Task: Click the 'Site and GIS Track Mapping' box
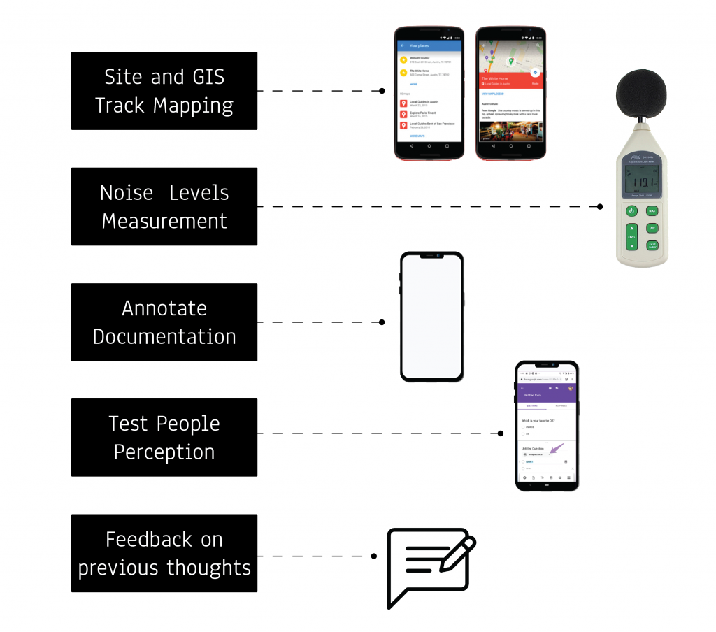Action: (x=164, y=91)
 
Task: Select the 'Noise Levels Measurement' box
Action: (x=164, y=207)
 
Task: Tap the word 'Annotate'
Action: (x=164, y=308)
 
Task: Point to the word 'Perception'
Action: (x=164, y=452)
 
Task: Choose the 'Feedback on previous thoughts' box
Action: (x=164, y=553)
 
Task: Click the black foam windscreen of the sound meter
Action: (x=641, y=95)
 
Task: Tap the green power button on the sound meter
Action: (x=632, y=210)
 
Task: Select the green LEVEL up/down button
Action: (x=632, y=237)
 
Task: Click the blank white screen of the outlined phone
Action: (x=431, y=317)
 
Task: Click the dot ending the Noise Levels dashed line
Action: (x=600, y=207)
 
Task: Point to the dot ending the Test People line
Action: (x=501, y=433)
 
